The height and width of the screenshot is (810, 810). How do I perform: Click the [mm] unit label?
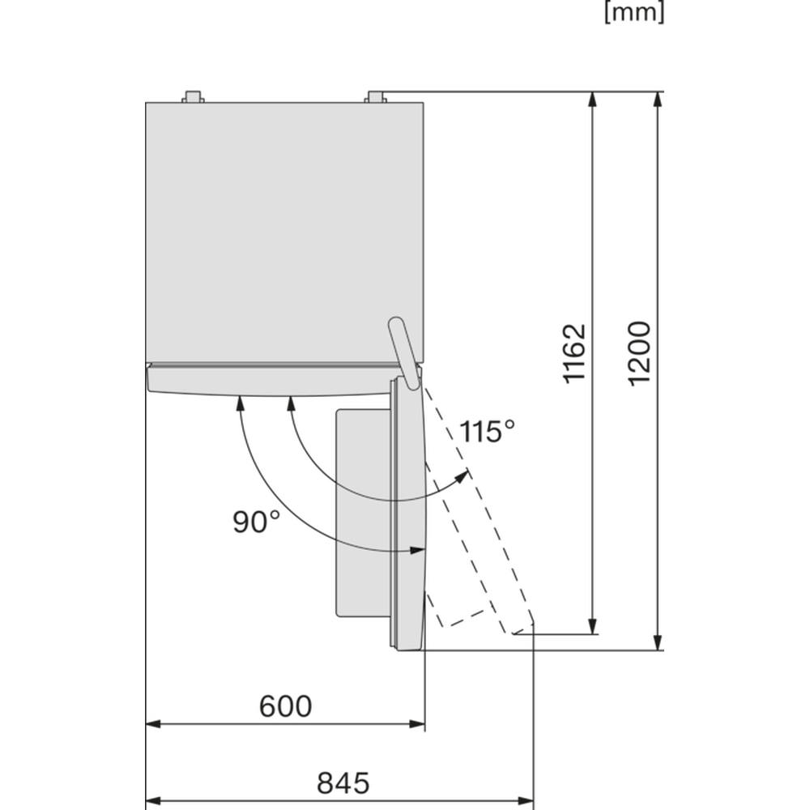tap(634, 13)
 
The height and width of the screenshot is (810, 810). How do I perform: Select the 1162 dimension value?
tap(574, 354)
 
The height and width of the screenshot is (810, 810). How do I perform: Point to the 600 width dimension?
tap(286, 706)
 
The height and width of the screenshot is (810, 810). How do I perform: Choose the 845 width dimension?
tap(343, 782)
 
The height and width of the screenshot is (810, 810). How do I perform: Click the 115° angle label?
tap(487, 431)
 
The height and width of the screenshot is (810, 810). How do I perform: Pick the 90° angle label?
tap(256, 521)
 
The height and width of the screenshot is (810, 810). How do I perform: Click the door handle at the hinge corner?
tap(404, 353)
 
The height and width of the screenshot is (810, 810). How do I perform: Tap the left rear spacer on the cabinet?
tap(193, 97)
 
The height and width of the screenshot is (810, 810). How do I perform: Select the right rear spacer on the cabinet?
tap(376, 97)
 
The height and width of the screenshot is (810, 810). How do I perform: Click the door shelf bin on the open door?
tap(363, 513)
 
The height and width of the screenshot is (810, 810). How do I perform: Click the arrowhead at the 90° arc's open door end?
tap(416, 551)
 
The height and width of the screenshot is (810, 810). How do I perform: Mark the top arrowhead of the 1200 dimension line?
tap(658, 99)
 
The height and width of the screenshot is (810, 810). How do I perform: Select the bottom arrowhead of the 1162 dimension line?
tap(593, 626)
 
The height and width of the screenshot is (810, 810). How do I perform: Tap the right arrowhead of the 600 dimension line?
tap(417, 724)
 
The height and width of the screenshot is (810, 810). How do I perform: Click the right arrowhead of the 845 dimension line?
tap(526, 802)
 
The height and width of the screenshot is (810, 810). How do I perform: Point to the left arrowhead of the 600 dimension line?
tap(155, 724)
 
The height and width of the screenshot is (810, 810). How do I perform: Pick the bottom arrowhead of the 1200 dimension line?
tap(658, 642)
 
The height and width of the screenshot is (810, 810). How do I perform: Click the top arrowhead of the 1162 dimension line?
tap(593, 99)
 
